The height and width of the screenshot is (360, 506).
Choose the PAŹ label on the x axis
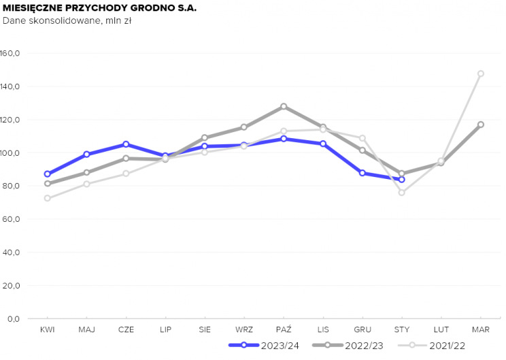284,329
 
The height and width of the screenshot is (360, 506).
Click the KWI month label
47,329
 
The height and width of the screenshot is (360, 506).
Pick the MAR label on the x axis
481,329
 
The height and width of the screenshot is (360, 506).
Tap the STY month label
402,329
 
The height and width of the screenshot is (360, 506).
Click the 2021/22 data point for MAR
481,73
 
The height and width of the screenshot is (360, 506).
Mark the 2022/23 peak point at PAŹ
284,106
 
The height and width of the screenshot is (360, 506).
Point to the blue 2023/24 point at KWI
47,174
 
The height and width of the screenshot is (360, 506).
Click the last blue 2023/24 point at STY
402,180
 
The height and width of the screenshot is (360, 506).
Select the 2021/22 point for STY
402,193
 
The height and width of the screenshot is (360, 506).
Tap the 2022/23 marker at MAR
481,125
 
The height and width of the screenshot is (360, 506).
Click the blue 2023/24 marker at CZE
126,144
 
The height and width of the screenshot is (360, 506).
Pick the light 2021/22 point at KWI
47,198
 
